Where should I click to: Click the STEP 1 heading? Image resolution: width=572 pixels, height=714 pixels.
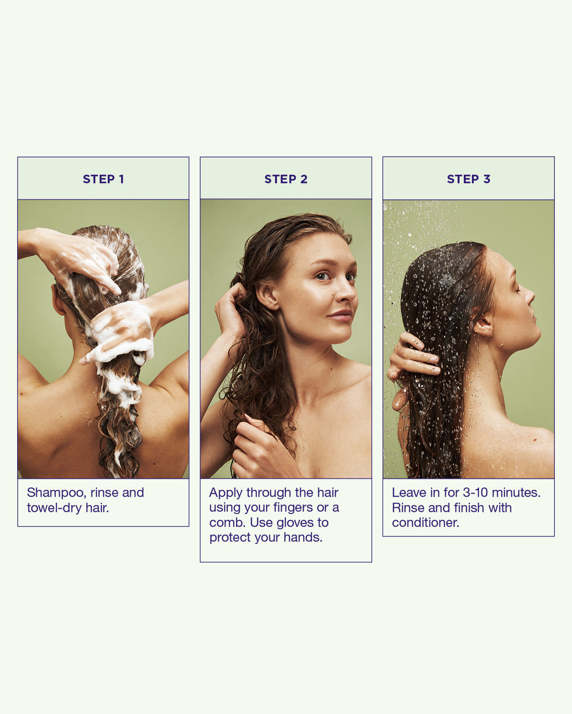click(103, 179)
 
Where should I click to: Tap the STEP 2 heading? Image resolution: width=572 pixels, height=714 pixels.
click(286, 179)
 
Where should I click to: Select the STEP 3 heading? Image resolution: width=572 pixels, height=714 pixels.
click(468, 179)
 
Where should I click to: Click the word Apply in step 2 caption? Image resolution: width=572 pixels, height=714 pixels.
click(226, 493)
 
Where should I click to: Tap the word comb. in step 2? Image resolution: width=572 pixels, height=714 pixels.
click(227, 523)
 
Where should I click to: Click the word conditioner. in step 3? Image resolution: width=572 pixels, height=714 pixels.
click(425, 523)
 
